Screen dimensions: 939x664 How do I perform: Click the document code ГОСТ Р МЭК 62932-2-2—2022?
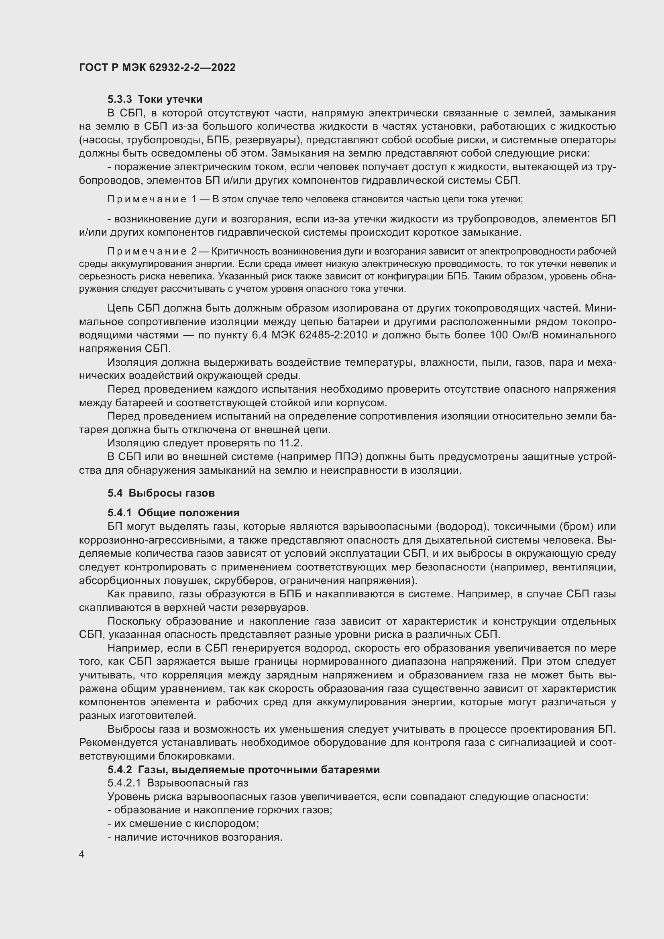point(157,68)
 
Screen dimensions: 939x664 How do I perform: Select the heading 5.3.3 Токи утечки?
point(155,100)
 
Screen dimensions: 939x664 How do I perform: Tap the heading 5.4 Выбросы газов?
point(161,493)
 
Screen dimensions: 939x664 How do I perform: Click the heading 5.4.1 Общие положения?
point(173,512)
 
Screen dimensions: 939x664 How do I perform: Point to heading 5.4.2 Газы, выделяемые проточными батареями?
point(244,769)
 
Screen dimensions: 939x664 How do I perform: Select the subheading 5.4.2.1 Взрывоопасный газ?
point(178,783)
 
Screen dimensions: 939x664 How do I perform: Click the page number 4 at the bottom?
point(82,854)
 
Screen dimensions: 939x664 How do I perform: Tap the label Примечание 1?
point(153,199)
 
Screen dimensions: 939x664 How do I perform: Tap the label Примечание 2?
point(153,251)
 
